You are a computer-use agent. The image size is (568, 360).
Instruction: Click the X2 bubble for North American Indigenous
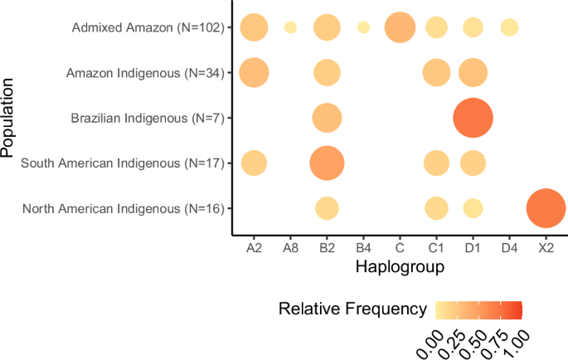[546, 208]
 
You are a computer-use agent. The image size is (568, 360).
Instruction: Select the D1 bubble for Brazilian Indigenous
[473, 118]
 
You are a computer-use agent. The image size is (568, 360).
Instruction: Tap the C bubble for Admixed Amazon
[400, 28]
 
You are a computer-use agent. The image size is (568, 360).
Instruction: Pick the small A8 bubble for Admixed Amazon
[290, 28]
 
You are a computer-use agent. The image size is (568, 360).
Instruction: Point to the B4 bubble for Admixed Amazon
[363, 28]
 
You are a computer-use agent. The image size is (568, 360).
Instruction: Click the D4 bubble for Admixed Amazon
[509, 28]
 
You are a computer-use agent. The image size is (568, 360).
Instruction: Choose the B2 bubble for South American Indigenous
[327, 163]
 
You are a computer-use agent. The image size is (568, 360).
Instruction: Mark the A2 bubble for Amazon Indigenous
[254, 73]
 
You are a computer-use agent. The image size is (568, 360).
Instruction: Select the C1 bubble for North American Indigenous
[436, 208]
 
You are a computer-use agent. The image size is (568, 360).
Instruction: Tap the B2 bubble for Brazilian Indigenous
[327, 118]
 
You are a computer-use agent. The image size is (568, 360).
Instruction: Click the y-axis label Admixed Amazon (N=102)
[148, 29]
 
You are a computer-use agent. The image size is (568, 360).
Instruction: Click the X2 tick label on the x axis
[546, 246]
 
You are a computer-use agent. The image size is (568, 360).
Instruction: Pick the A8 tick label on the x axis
[290, 246]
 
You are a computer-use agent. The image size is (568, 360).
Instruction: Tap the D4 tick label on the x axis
[509, 246]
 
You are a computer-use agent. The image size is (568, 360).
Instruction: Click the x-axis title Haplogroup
[399, 268]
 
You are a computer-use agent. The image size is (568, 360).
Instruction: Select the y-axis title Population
[10, 118]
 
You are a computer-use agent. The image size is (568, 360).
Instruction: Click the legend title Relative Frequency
[352, 311]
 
